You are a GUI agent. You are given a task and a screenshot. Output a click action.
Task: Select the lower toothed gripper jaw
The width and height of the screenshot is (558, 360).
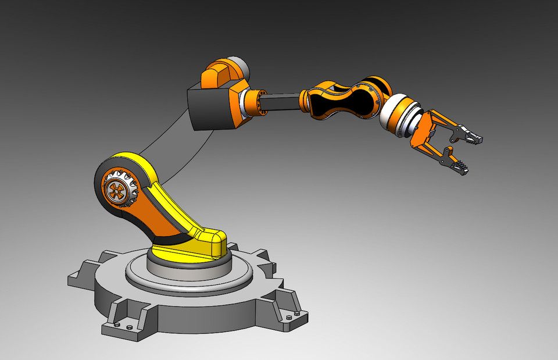click(460, 166)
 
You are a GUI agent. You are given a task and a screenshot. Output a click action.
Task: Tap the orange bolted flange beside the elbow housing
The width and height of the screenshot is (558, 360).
click(253, 102)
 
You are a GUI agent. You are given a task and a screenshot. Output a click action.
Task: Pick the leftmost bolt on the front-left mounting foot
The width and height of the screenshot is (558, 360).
click(117, 325)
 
